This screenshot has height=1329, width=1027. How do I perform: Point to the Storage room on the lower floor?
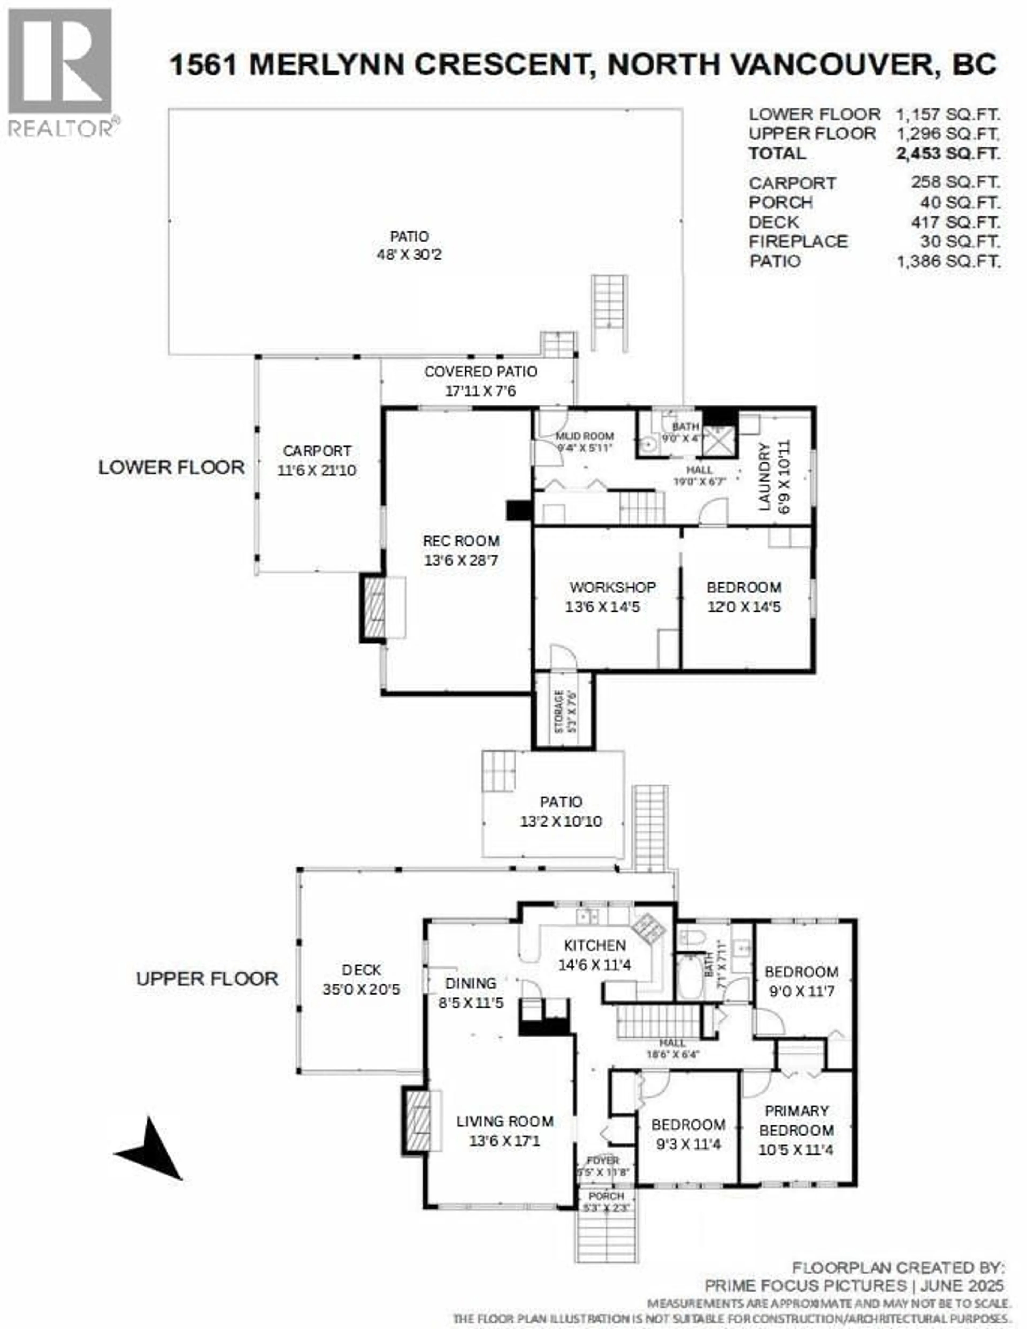click(x=564, y=710)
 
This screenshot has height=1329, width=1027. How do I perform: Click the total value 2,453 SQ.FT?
click(x=947, y=153)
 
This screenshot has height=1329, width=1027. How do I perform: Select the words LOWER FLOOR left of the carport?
click(x=172, y=467)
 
